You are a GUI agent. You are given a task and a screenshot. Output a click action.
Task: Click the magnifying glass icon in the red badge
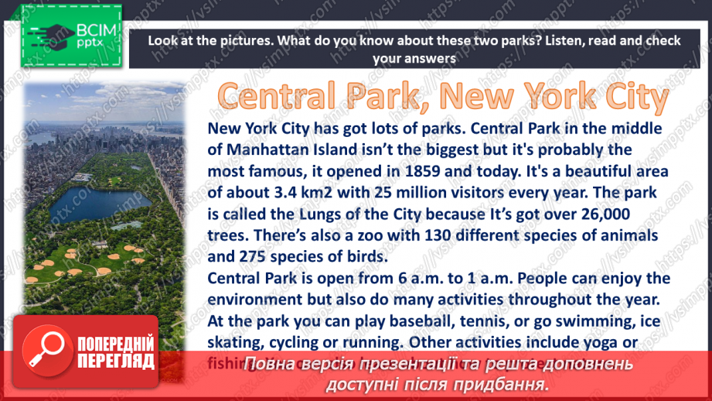47,352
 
